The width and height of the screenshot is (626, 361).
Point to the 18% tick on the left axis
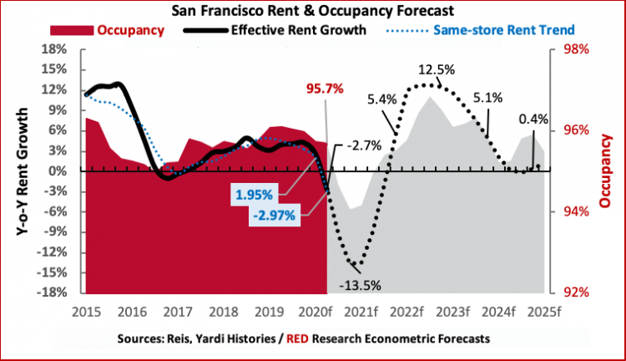56,49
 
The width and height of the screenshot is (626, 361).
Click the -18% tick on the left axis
53,292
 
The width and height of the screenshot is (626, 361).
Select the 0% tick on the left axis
59,171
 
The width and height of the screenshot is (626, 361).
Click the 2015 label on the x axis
87,312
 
